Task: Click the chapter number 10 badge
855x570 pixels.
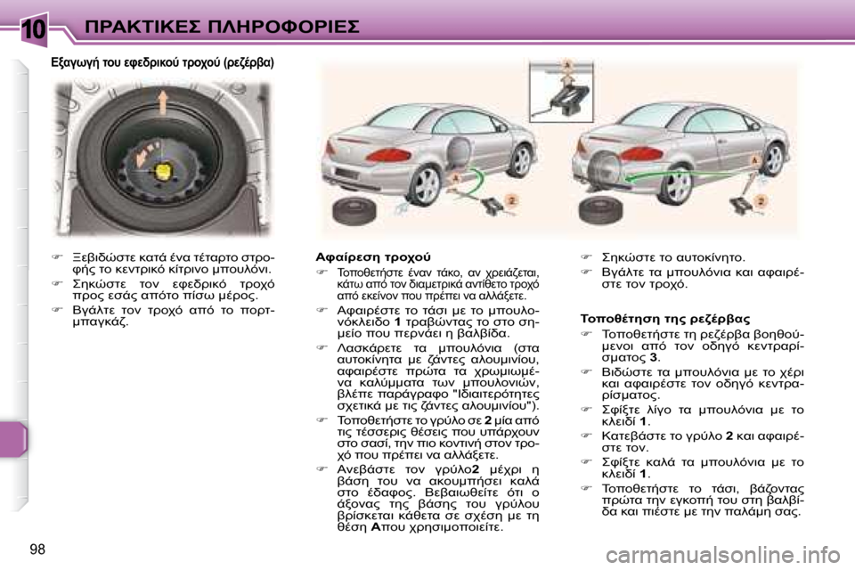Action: (33, 26)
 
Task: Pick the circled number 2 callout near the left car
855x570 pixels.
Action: (510, 200)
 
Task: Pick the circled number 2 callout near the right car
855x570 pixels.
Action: (760, 201)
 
